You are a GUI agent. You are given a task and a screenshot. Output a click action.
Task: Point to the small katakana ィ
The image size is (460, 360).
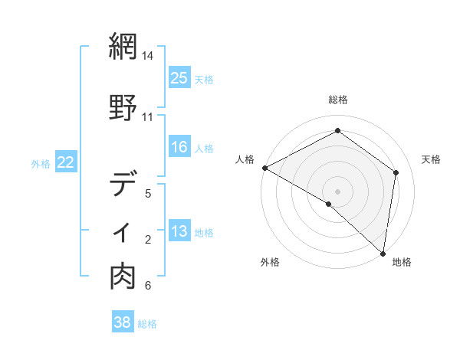pyautogui.click(x=124, y=232)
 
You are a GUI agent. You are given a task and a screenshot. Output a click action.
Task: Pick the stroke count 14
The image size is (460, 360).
pyautogui.click(x=148, y=56)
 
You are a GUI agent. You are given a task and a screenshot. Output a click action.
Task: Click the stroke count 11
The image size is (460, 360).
pyautogui.click(x=148, y=117)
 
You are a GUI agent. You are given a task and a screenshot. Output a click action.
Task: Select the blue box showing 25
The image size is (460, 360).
pyautogui.click(x=179, y=78)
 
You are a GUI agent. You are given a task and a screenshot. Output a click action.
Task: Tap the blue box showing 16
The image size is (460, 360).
pyautogui.click(x=179, y=147)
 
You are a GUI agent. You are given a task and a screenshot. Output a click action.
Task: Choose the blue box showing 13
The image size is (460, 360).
pyautogui.click(x=179, y=232)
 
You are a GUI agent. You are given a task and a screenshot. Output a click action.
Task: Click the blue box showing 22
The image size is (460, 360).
pyautogui.click(x=66, y=162)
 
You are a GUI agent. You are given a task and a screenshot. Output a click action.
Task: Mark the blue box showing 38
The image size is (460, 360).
pyautogui.click(x=123, y=323)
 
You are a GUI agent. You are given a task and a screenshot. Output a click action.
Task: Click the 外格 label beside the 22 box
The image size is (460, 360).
pyautogui.click(x=41, y=163)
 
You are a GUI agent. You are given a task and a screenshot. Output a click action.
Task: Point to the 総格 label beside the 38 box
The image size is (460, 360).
pyautogui.click(x=147, y=324)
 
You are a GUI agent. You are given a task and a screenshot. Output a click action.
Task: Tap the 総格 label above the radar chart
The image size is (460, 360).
pyautogui.click(x=338, y=100)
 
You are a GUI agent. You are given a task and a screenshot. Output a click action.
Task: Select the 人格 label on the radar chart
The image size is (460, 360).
pyautogui.click(x=245, y=159)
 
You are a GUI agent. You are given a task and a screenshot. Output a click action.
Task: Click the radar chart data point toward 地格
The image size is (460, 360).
pyautogui.click(x=383, y=254)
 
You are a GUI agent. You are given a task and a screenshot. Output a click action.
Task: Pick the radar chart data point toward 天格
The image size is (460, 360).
pyautogui.click(x=396, y=172)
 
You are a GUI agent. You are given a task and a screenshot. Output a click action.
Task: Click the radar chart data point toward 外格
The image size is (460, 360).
pyautogui.click(x=328, y=205)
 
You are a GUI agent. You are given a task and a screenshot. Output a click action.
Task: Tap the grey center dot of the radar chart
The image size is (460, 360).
pyautogui.click(x=337, y=191)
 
